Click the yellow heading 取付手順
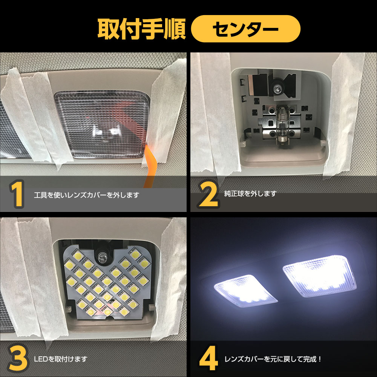(141, 29)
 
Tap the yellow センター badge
(245, 29)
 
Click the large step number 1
(17, 194)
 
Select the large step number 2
(208, 194)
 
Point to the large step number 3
(17, 359)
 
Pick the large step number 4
(208, 359)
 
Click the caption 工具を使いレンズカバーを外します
(87, 195)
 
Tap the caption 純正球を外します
(250, 193)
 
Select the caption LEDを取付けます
(61, 359)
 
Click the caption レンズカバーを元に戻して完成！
(273, 359)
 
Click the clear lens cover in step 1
(102, 124)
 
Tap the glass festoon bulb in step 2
(281, 125)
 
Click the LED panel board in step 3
(107, 283)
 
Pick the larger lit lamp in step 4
(319, 276)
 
